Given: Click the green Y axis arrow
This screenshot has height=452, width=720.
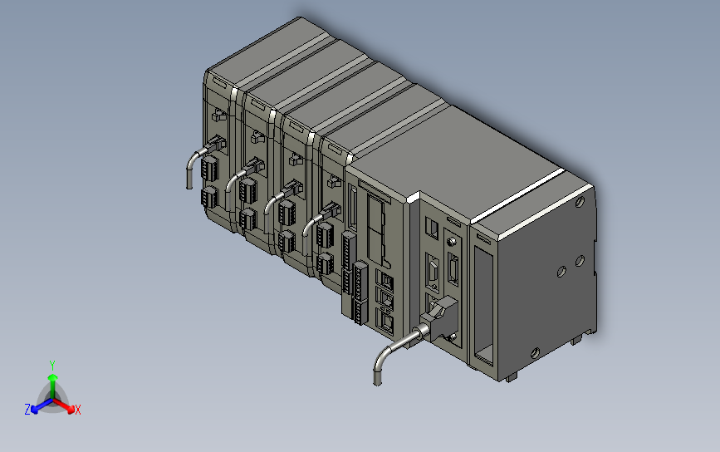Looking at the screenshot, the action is pyautogui.click(x=52, y=385).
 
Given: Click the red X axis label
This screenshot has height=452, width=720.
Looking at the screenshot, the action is pyautogui.click(x=77, y=410).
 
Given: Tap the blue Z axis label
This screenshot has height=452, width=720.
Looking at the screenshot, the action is pyautogui.click(x=27, y=410).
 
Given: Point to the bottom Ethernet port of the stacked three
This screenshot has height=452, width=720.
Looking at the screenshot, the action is pyautogui.click(x=384, y=321).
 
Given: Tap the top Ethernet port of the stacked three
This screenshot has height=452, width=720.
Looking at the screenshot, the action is pyautogui.click(x=384, y=279).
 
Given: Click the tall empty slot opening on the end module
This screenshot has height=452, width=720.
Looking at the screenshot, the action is pyautogui.click(x=483, y=307).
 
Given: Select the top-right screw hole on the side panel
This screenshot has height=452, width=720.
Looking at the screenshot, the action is pyautogui.click(x=580, y=202).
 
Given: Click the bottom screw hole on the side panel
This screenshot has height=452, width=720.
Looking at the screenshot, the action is pyautogui.click(x=535, y=353).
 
